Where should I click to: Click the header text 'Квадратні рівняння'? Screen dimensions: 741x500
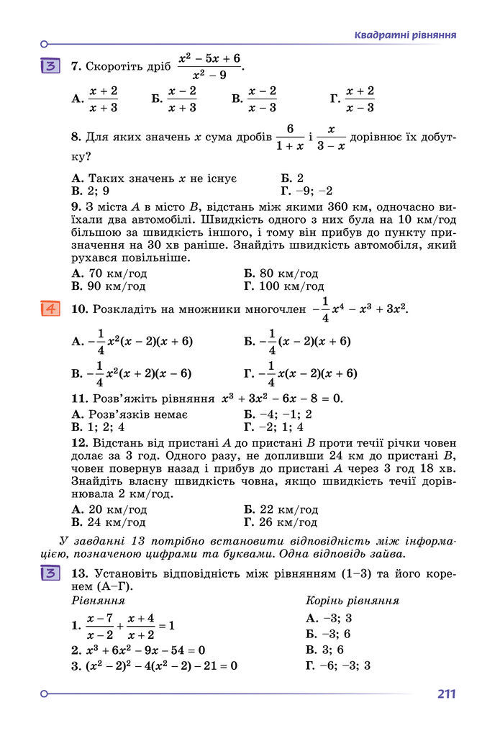point(406,35)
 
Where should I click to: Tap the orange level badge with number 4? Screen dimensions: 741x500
point(51,309)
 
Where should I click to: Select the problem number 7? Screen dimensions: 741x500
point(76,66)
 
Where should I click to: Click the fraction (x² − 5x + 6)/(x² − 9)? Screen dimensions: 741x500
point(209,66)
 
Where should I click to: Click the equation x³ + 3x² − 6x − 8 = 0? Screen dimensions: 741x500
point(282,398)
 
